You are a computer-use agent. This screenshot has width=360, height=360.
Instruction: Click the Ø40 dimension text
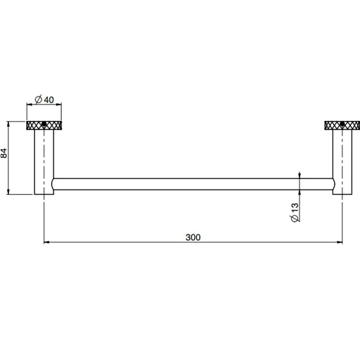tap(44, 100)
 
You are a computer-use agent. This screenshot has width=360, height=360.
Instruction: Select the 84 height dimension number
tap(4, 153)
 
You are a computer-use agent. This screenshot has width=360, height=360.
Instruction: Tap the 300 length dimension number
tap(193, 237)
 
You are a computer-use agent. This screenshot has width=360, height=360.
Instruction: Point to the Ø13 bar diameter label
tap(294, 211)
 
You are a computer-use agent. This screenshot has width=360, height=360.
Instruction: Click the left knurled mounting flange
tap(44, 125)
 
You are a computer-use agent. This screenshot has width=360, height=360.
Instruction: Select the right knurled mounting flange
tap(342, 125)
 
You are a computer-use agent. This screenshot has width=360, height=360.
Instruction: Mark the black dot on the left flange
tap(44, 124)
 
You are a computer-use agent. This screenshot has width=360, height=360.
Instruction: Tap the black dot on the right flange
tap(342, 124)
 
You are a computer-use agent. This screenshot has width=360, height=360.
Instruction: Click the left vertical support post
tap(44, 162)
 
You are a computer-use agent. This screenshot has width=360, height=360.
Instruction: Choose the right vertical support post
tap(342, 162)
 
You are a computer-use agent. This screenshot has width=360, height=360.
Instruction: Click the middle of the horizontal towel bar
tap(193, 184)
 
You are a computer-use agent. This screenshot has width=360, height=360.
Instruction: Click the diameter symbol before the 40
tap(38, 100)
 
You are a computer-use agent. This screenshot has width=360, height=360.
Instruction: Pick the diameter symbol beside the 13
tap(294, 219)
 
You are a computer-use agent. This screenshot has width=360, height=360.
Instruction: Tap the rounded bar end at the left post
tap(54, 184)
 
